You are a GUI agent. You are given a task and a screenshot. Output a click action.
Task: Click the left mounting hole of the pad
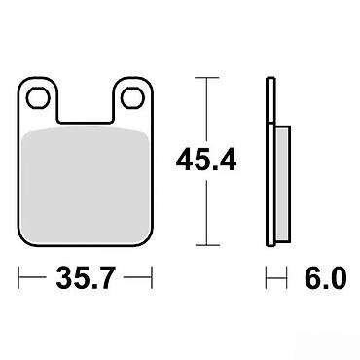(x=39, y=98)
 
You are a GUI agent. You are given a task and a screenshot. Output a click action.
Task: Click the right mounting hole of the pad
(x=132, y=98)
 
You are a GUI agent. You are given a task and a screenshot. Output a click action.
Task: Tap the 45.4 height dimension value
(x=206, y=160)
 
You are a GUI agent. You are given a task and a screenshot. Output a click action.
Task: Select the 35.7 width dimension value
(x=86, y=277)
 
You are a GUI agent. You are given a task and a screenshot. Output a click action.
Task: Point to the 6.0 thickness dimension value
(x=326, y=277)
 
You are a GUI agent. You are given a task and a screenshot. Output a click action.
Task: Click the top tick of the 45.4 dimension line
(x=206, y=78)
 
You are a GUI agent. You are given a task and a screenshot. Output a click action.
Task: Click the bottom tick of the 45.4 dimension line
(x=206, y=246)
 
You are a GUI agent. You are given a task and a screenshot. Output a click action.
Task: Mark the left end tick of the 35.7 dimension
(x=18, y=277)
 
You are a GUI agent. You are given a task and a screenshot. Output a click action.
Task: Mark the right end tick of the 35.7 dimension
(x=152, y=277)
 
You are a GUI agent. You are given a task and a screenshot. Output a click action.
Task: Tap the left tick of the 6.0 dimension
(x=267, y=277)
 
